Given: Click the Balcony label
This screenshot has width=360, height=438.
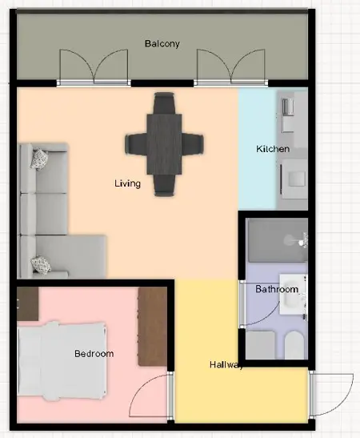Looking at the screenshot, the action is pos(162,43).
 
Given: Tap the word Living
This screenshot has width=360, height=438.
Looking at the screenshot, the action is pos(127,183).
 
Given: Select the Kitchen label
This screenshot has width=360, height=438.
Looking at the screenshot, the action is pos(273,149).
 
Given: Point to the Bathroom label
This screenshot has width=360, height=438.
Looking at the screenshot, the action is pos(277,289).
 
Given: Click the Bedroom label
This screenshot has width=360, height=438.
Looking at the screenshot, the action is pos(94,354).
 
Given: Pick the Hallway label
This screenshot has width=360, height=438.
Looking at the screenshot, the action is pos(226,365).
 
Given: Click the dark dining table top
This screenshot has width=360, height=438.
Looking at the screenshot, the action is pos(164,144).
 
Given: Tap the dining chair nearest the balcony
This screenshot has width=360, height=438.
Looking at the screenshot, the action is pos(164,102).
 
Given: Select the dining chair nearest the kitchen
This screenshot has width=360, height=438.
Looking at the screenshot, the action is pos(193,144).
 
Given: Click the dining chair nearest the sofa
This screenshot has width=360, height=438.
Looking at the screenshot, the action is pos(136,144).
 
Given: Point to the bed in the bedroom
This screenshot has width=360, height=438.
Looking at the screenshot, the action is pos(62,361).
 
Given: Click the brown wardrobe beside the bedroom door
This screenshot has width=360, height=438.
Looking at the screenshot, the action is pos(153,326).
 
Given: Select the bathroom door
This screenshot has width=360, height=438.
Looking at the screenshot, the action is pos(242,303).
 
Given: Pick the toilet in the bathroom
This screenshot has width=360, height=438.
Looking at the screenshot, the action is pos(294,344).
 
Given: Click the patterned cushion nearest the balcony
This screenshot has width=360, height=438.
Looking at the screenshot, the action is pos(38,159).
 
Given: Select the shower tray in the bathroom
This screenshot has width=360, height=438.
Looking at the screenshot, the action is pos(276,240).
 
